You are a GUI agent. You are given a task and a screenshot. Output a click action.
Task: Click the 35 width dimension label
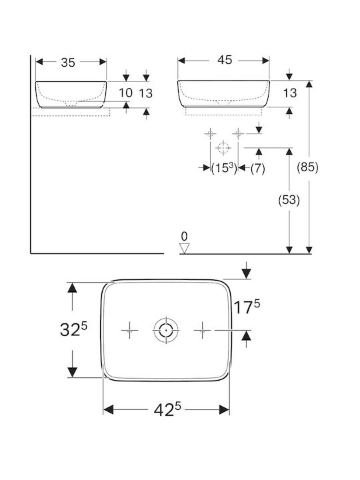[x=68, y=63]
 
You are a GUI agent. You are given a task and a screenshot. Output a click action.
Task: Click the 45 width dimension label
[x=225, y=60]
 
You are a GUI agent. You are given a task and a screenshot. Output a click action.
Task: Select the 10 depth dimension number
[x=125, y=93]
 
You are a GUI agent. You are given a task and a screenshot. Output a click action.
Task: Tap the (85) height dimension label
[x=307, y=167]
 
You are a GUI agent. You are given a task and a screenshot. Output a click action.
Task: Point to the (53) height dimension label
[x=289, y=200]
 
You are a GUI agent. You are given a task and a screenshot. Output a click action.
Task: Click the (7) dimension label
[x=257, y=169]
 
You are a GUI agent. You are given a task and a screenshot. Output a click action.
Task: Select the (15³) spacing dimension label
[x=224, y=168]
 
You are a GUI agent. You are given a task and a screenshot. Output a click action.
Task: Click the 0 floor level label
[x=184, y=236]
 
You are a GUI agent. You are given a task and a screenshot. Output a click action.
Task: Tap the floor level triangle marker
[x=185, y=248]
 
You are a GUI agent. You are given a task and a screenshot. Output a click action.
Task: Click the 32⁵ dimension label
[x=73, y=329]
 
